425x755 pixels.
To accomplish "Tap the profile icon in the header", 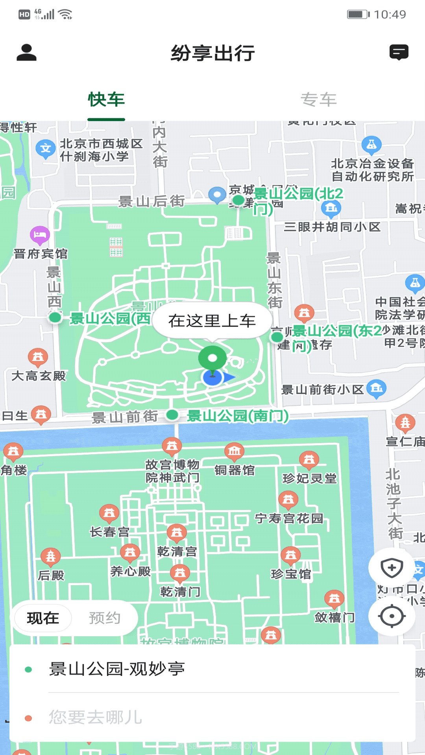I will pyautogui.click(x=26, y=53).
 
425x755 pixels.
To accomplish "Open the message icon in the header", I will pyautogui.click(x=399, y=52).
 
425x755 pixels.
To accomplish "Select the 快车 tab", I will pyautogui.click(x=106, y=99).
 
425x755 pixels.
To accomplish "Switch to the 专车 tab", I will pyautogui.click(x=318, y=99).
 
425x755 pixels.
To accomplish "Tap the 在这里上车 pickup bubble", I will pyautogui.click(x=212, y=321).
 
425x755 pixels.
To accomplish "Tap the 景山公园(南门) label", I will pyautogui.click(x=238, y=416).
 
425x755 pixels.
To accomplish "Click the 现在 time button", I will pyautogui.click(x=43, y=618).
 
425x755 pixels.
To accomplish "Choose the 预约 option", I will pyautogui.click(x=104, y=618).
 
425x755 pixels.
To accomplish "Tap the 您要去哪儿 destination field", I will pyautogui.click(x=213, y=717).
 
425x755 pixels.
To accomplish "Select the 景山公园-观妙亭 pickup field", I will pyautogui.click(x=213, y=669).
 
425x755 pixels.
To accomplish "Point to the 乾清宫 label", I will pyautogui.click(x=177, y=551).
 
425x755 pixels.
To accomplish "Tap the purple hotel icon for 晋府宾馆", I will pyautogui.click(x=40, y=235).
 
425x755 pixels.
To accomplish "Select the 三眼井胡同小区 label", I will pyautogui.click(x=332, y=227).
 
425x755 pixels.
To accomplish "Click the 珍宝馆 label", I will pyautogui.click(x=291, y=574).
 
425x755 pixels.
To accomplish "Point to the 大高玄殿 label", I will pyautogui.click(x=39, y=376).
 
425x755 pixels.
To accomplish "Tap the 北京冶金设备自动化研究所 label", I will pyautogui.click(x=372, y=170).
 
